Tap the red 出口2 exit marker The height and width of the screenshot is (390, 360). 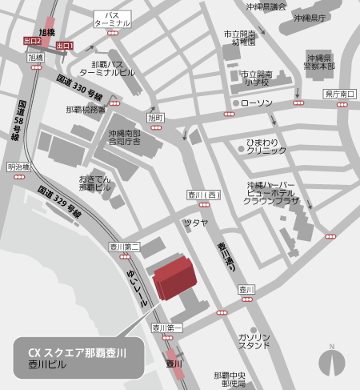pyautogui.click(x=32, y=40)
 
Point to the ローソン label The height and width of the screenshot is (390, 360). pyautogui.click(x=256, y=103)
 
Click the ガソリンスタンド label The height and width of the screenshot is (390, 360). pyautogui.click(x=254, y=341)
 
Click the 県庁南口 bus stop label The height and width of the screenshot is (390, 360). pyautogui.click(x=339, y=94)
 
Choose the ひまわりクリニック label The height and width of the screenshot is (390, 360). pyautogui.click(x=266, y=146)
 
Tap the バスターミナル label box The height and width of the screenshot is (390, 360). pyautogui.click(x=112, y=19)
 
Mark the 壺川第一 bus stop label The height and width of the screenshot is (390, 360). pyautogui.click(x=167, y=328)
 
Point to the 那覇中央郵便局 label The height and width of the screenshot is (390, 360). pyautogui.click(x=230, y=379)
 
